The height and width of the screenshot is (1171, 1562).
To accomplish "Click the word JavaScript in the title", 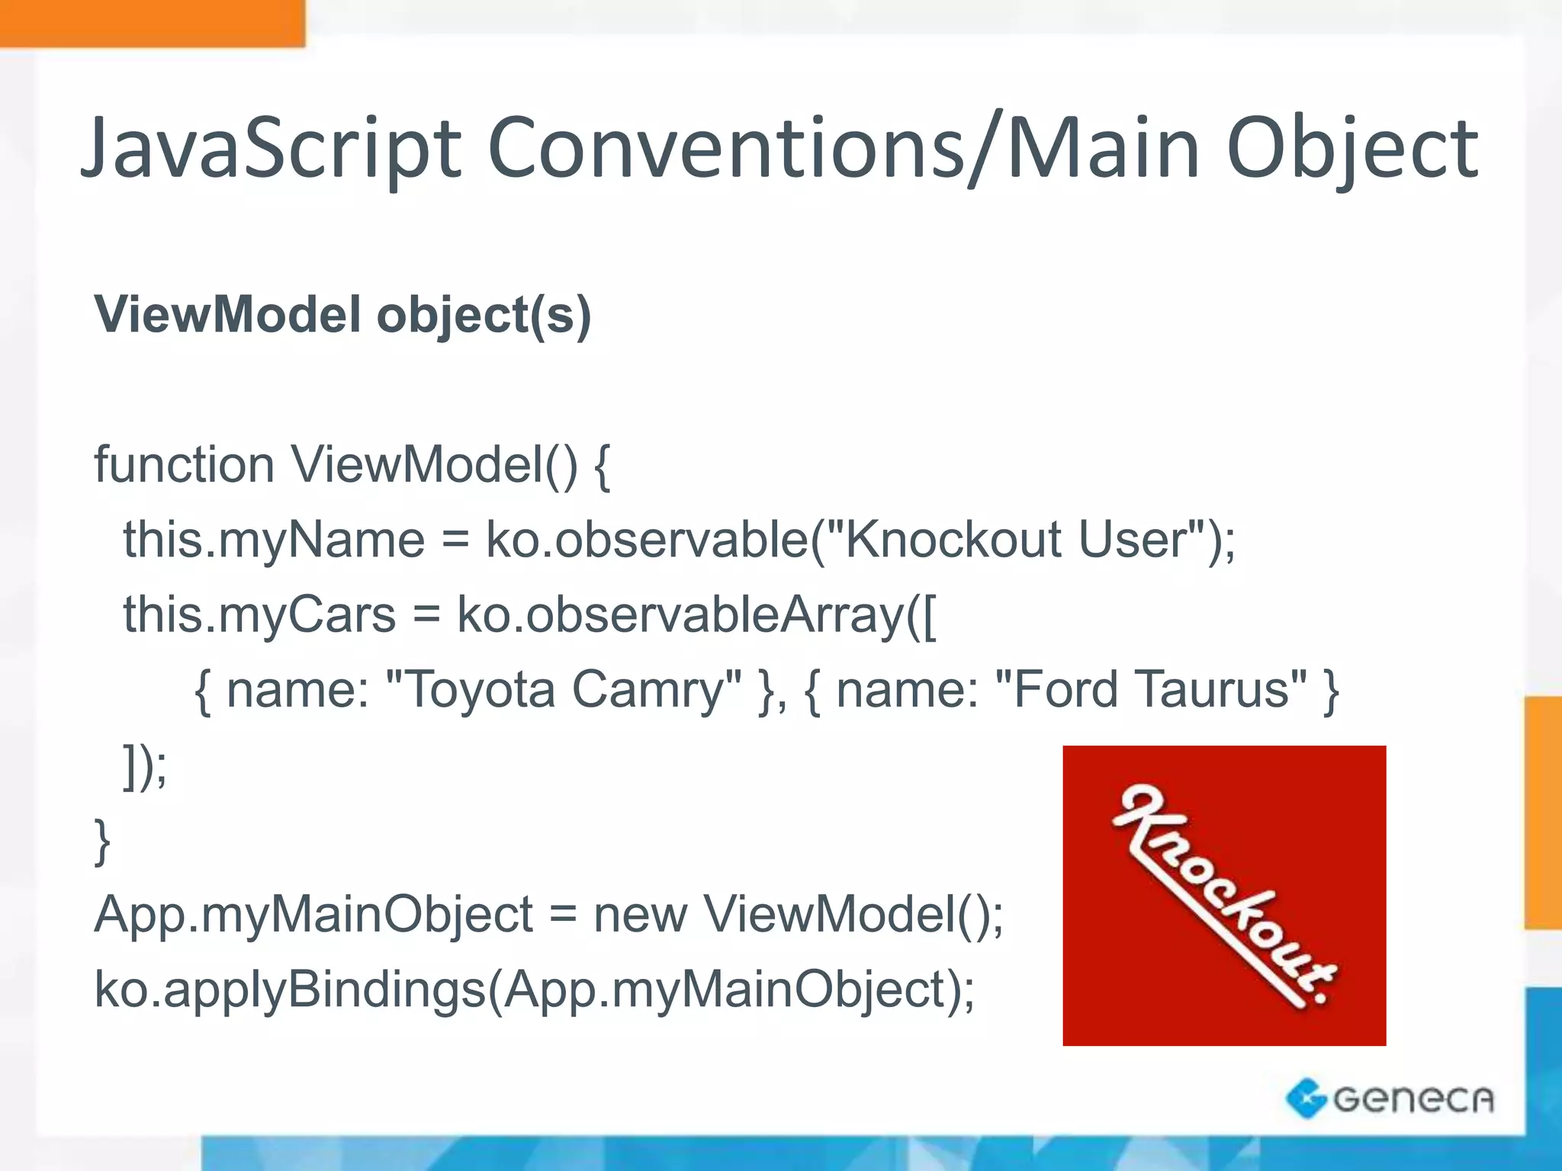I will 271,149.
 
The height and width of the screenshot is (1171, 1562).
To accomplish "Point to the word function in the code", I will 184,464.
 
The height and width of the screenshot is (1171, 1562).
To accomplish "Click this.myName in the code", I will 274,540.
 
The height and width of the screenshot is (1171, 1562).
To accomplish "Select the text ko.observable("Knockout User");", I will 860,540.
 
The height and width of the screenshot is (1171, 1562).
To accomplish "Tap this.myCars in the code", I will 259,614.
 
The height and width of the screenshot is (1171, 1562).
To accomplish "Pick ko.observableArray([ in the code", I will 696,614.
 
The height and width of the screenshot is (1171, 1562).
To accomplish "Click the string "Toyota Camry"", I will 564,689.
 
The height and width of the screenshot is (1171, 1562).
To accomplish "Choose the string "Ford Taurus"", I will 1151,689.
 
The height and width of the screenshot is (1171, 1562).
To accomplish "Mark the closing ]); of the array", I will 145,765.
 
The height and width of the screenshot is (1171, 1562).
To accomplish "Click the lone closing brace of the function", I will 102,841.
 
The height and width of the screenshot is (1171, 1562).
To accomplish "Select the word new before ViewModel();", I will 640,914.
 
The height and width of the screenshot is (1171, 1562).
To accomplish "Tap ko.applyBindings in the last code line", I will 290,990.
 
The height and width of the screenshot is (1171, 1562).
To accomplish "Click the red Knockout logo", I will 1223,895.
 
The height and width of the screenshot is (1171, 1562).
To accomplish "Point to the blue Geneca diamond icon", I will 1306,1099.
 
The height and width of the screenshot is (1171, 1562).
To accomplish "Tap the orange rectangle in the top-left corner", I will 152,23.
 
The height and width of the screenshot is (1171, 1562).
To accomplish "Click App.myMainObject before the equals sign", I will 313,915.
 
